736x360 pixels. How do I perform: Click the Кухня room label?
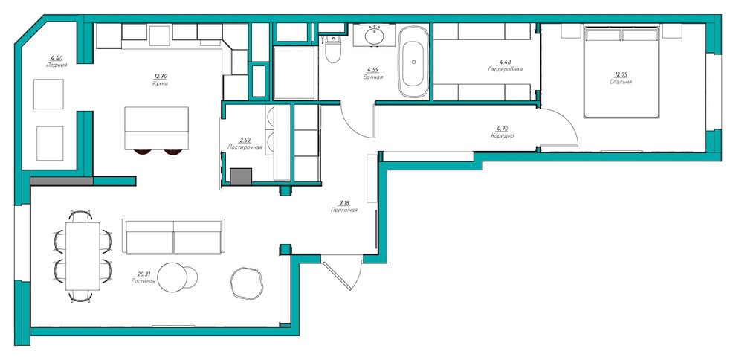tap(161, 83)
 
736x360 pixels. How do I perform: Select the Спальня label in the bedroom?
tap(621, 81)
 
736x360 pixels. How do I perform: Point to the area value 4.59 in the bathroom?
tap(373, 70)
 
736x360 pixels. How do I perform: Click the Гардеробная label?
tap(505, 69)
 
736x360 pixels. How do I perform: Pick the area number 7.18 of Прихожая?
tap(344, 203)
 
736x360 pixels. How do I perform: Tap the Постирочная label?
tap(245, 147)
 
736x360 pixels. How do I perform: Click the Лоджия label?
tap(57, 65)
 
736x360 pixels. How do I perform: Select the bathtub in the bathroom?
tap(413, 62)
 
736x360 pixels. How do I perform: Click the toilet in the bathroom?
tap(332, 49)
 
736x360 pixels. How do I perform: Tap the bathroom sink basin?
tap(374, 36)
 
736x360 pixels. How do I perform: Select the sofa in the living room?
tap(173, 237)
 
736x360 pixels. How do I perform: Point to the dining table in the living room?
tap(83, 256)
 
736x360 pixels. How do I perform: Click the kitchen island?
tap(156, 128)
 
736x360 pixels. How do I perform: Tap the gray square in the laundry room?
tap(242, 176)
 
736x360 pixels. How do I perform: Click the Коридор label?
tap(502, 136)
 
